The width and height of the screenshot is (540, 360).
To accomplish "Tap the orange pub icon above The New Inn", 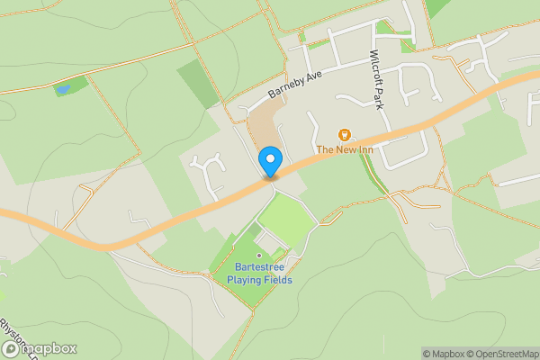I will [343, 134].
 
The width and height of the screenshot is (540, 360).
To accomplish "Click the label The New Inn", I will [343, 148].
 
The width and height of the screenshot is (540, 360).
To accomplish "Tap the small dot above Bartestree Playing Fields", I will [260, 256].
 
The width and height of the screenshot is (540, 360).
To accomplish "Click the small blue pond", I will [62, 90].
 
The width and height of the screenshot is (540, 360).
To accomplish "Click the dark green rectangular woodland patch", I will [199, 84].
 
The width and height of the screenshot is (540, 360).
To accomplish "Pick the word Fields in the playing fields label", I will [279, 280].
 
